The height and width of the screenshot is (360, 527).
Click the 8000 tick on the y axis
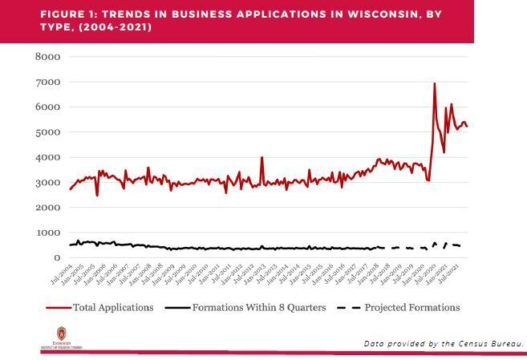tap(48, 57)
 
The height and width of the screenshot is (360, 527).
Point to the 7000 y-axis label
tap(48, 82)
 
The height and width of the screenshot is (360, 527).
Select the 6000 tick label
tap(48, 107)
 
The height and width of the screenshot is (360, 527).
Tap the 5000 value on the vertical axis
tap(48, 132)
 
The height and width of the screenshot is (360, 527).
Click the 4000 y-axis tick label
tap(48, 157)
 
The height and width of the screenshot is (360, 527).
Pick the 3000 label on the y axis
tap(48, 182)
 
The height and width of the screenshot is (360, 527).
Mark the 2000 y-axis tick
tap(48, 208)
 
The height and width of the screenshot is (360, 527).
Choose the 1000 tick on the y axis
tap(48, 233)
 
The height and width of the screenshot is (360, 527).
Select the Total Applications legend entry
tap(113, 307)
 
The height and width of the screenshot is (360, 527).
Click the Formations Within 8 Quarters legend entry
tap(258, 307)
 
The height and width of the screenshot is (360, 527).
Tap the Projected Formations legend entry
tap(411, 307)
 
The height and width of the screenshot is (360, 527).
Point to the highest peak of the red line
tap(435, 83)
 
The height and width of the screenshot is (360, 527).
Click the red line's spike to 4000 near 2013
tap(261, 158)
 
